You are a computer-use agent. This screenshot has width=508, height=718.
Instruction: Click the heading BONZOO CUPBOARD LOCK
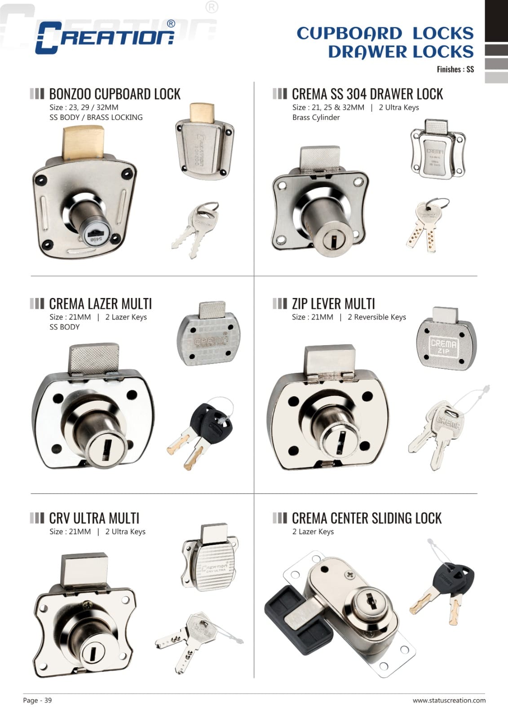115,94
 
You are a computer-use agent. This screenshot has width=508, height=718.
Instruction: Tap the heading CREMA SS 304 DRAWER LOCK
367,94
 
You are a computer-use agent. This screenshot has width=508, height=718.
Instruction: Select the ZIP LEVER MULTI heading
333,304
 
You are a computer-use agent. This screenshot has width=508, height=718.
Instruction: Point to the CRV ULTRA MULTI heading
94,518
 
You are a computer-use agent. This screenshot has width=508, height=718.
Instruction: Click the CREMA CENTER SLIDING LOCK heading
367,518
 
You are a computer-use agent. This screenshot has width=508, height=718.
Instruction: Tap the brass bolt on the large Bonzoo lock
83,143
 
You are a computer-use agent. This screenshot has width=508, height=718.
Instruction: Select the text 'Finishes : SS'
455,70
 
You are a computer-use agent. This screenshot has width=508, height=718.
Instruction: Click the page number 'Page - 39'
37,700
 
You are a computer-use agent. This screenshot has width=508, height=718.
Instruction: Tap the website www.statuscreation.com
449,700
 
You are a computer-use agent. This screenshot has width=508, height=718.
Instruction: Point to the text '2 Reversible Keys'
376,317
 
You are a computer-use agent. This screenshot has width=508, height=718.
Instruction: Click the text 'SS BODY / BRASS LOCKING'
96,118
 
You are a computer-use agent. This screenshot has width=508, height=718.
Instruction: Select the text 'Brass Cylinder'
316,118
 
